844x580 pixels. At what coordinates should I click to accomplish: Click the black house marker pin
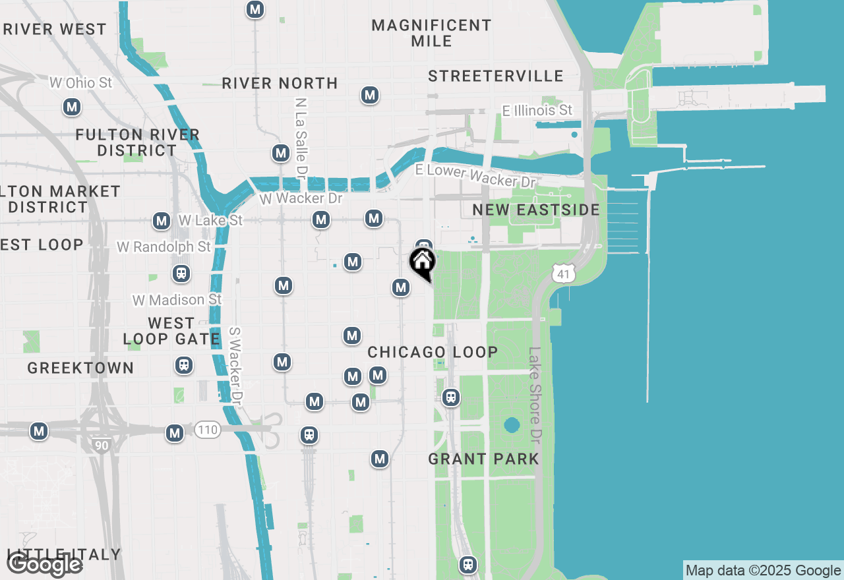coord(422,262)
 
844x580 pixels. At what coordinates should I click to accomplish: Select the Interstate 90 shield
coord(101,445)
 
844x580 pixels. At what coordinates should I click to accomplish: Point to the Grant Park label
coord(483,459)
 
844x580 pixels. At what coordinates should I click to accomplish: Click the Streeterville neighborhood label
coord(496,76)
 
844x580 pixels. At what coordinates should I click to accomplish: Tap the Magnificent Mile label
coord(431,33)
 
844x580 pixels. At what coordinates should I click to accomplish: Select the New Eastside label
coord(536,210)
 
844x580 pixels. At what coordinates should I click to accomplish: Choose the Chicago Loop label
coord(433,352)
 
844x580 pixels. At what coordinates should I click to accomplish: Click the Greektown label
coord(80,368)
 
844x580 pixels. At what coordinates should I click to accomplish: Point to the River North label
coord(280,84)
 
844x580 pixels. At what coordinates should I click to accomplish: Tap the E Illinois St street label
coord(537,111)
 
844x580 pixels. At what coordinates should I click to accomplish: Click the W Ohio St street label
coord(81,83)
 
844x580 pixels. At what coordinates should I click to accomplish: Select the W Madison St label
coord(177,300)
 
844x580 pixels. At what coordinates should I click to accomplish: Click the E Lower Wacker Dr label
coord(475,175)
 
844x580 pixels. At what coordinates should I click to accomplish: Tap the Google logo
coord(45,565)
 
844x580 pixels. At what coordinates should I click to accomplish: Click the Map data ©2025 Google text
coord(763,571)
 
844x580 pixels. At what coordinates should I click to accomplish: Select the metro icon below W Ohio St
coord(72,107)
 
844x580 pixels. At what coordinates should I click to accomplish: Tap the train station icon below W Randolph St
coord(179,273)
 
